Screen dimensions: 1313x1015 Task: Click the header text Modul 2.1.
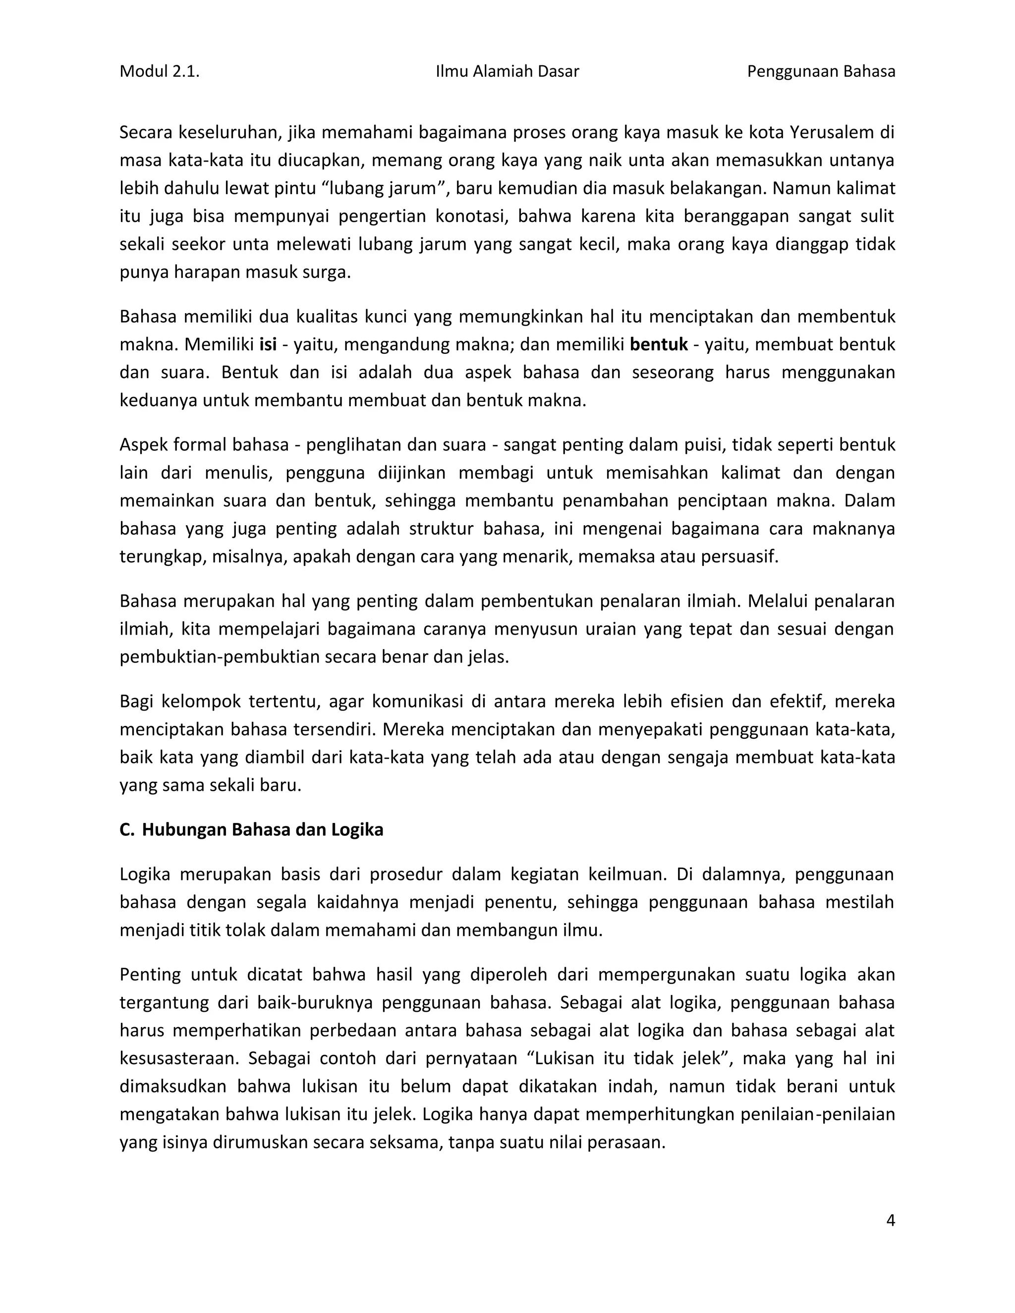pyautogui.click(x=160, y=71)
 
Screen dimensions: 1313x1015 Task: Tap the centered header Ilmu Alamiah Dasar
pyautogui.click(x=507, y=71)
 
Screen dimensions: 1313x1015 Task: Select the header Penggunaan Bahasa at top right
pyautogui.click(x=821, y=71)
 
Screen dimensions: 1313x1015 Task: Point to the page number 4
pyautogui.click(x=891, y=1220)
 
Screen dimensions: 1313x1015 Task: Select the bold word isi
pyautogui.click(x=268, y=344)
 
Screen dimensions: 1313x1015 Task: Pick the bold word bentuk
pyautogui.click(x=659, y=344)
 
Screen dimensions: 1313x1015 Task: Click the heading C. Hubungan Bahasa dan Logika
pyautogui.click(x=251, y=829)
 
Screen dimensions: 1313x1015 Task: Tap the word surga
pyautogui.click(x=330, y=273)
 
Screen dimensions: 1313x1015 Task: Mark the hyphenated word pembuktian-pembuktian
pyautogui.click(x=220, y=657)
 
